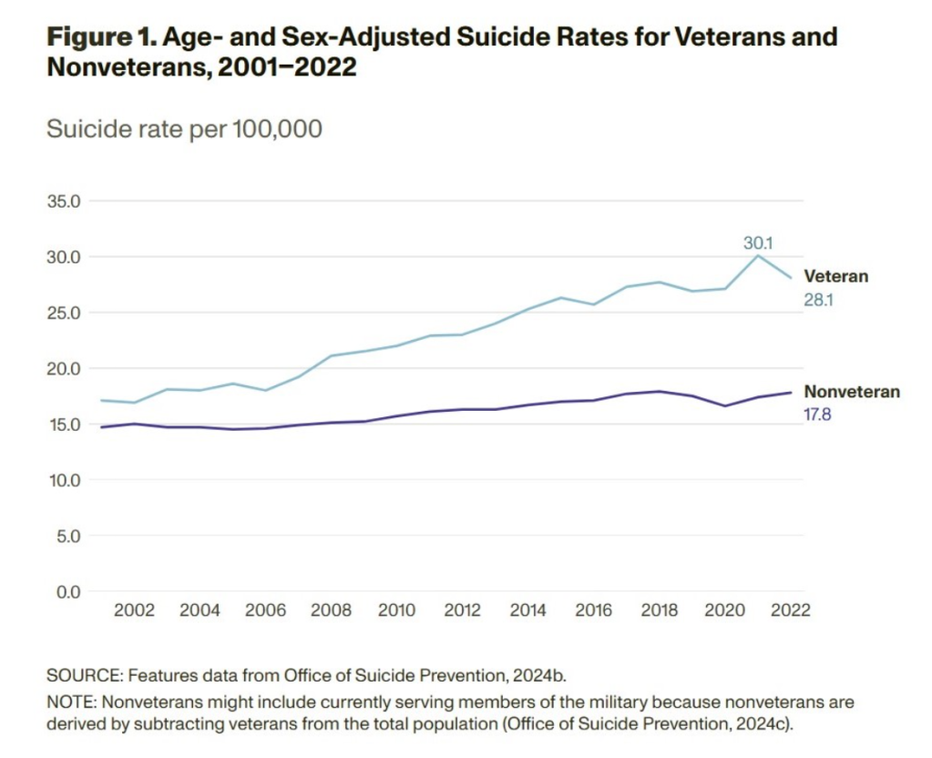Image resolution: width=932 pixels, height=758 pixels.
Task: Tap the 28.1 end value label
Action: click(x=818, y=300)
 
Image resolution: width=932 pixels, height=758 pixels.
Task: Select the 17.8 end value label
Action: click(x=817, y=415)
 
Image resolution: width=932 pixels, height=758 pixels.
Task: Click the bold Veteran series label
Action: click(x=835, y=276)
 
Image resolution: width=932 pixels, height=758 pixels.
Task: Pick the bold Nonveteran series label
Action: click(x=851, y=392)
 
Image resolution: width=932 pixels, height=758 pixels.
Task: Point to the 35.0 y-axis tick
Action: click(x=64, y=200)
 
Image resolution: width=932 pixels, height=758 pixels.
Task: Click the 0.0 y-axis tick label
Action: click(x=67, y=592)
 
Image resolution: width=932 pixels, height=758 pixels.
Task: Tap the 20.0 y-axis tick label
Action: click(x=64, y=368)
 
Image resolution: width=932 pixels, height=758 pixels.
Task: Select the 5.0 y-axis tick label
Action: click(x=67, y=536)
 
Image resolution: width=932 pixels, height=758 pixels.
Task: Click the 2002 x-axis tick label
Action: click(x=133, y=610)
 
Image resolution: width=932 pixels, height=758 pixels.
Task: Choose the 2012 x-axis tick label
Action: click(x=463, y=610)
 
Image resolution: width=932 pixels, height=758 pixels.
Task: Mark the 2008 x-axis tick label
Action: click(x=331, y=610)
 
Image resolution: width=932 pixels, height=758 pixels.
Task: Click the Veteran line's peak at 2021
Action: click(x=757, y=255)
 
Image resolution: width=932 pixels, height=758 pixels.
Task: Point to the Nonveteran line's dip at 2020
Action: click(x=725, y=405)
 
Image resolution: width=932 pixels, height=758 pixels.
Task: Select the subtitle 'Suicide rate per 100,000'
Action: click(x=184, y=129)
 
